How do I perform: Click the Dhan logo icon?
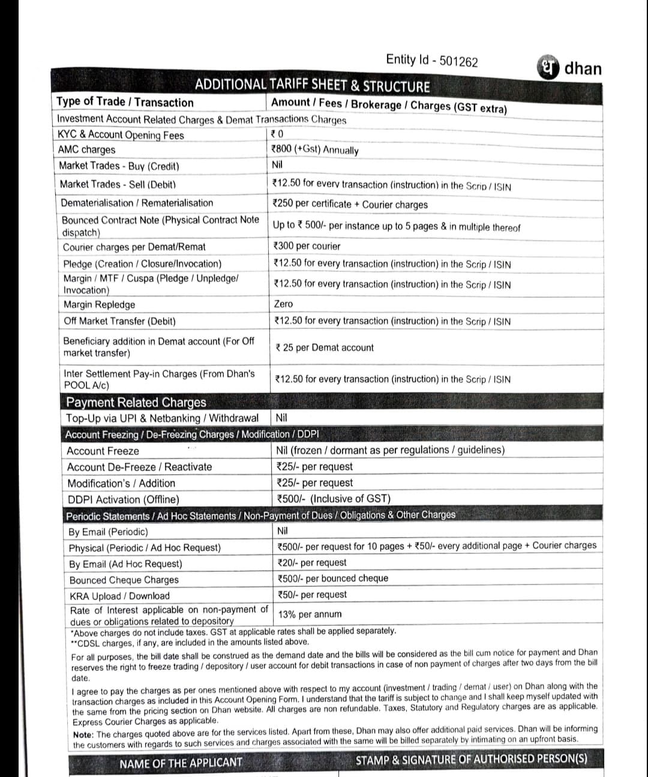coord(548,67)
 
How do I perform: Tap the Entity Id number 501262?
coord(459,61)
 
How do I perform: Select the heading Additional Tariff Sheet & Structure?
coord(312,86)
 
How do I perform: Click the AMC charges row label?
coord(86,149)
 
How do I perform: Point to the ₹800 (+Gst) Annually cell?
coord(315,149)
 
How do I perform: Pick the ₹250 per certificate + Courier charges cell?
coord(350,204)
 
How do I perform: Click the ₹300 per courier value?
coord(306,246)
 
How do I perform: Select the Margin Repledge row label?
coord(100,305)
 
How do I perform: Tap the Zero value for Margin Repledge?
coord(283,304)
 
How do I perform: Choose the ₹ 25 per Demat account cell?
coord(325,347)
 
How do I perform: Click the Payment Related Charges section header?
coord(136,402)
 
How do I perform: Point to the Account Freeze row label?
coord(103,451)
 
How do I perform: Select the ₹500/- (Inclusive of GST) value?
coord(334,499)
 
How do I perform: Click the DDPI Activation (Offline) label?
coord(123,499)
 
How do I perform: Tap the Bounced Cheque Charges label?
coord(124,580)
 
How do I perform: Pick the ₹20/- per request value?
coord(313,563)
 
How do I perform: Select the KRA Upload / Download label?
coord(119,596)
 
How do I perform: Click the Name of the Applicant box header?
coord(181,763)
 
